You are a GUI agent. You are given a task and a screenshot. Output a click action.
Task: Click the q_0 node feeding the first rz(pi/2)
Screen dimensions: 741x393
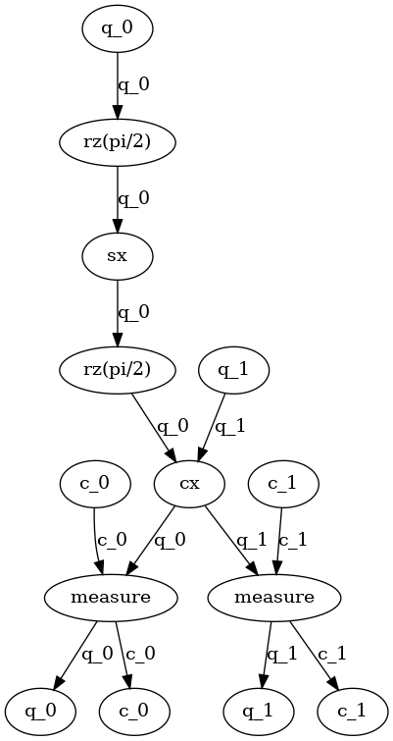coord(118,28)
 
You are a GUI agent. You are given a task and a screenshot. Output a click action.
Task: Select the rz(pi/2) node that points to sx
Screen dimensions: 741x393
coord(118,142)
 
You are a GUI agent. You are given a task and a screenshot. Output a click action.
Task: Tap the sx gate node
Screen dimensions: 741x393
coord(118,256)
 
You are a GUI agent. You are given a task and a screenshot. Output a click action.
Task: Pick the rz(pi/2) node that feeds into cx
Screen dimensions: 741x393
coord(118,370)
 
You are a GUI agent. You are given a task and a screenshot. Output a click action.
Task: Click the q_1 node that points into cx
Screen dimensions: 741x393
coord(233,370)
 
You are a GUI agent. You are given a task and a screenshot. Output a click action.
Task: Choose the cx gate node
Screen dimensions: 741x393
coord(190,483)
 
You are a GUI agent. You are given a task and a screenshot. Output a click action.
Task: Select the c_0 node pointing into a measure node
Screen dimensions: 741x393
coord(93,483)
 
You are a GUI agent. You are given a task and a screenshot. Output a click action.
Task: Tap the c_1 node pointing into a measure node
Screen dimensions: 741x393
coord(282,483)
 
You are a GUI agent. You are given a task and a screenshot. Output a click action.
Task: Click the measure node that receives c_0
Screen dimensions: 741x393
coord(111,597)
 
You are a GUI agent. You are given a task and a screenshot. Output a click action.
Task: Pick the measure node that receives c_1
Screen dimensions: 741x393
coord(274,597)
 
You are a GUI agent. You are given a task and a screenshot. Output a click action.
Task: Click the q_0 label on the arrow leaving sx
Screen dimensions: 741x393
coord(134,313)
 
